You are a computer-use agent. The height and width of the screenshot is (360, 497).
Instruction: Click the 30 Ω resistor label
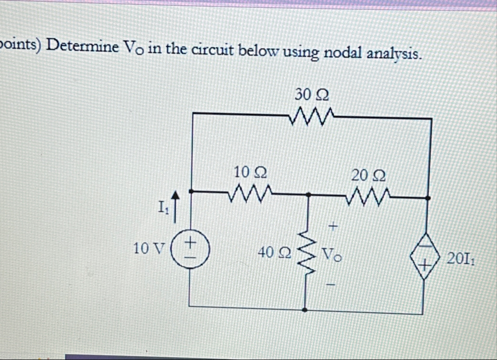click(311, 94)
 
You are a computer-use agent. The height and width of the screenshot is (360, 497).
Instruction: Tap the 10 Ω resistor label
click(250, 172)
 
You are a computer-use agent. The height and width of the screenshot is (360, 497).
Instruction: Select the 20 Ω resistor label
click(368, 175)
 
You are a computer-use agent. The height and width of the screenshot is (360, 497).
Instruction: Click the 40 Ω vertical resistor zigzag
click(308, 253)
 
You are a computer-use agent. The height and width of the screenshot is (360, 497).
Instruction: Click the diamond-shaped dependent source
click(425, 256)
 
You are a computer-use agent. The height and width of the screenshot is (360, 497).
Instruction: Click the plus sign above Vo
click(333, 226)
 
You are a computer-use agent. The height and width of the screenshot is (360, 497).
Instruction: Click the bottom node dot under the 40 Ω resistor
click(306, 310)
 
